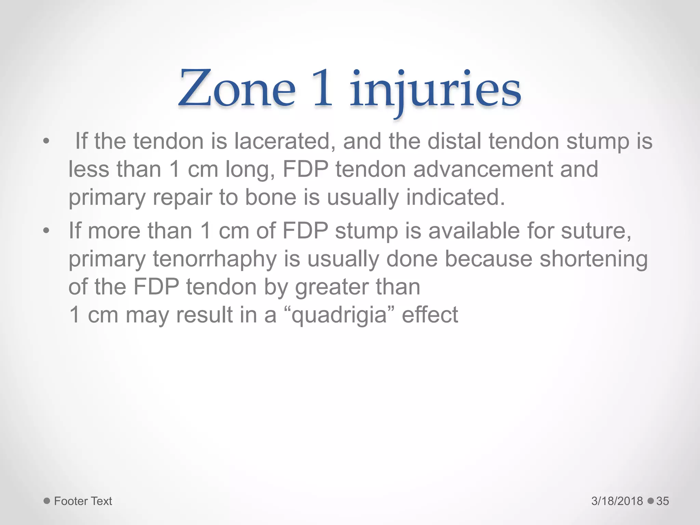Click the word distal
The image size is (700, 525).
454,141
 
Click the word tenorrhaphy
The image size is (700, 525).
215,259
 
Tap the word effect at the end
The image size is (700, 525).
430,315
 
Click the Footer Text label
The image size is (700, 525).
83,501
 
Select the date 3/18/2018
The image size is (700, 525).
617,501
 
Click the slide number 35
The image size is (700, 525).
662,501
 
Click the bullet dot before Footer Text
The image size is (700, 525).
47,501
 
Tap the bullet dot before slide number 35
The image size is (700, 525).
650,501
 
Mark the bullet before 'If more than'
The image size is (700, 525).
46,231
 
